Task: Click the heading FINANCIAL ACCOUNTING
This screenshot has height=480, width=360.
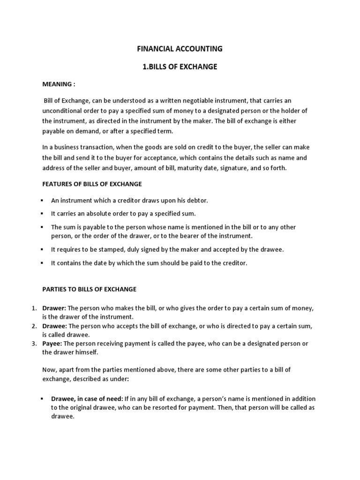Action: [180, 49]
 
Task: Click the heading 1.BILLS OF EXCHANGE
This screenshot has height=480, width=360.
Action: [180, 67]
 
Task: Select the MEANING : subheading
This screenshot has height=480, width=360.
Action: [59, 84]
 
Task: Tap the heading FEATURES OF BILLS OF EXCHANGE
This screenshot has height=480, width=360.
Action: [92, 184]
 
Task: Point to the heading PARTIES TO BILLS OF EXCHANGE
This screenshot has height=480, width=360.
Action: [89, 289]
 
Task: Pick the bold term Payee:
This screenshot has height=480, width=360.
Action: [52, 344]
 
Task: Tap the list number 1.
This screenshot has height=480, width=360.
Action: [34, 308]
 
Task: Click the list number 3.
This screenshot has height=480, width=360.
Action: [34, 344]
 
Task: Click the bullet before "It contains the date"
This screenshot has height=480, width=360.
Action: [42, 263]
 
